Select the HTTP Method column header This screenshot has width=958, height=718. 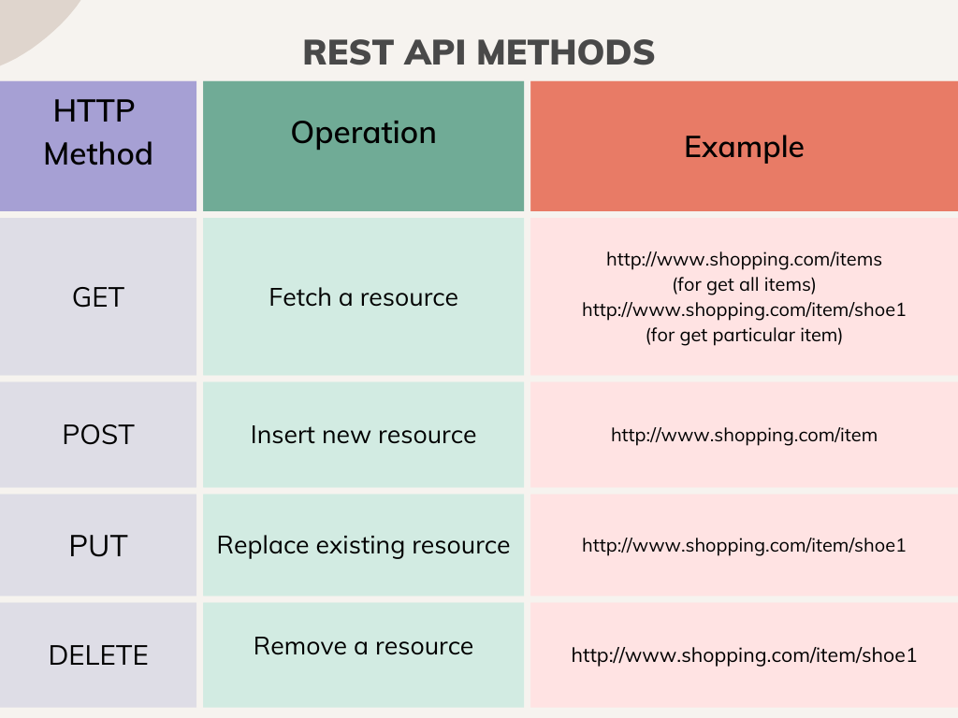point(98,132)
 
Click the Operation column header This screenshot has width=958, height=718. point(363,133)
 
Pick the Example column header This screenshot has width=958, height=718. point(744,147)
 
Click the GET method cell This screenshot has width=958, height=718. point(98,297)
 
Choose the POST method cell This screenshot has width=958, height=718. point(98,435)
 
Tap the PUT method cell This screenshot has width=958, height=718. point(98,545)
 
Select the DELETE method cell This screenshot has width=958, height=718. point(98,655)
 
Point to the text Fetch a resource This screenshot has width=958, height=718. point(363,297)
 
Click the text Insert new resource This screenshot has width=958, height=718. point(363,435)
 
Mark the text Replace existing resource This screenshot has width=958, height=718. point(363,545)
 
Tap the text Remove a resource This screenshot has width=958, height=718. point(363,646)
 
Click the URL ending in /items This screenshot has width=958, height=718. point(744,259)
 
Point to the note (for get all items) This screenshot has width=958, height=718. point(744,284)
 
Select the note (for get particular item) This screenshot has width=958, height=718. point(744,335)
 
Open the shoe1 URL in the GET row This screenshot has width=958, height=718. point(744,309)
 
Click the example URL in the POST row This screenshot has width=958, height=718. point(744,435)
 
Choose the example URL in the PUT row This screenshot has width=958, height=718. point(744,545)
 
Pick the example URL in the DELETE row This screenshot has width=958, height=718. point(744,655)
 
